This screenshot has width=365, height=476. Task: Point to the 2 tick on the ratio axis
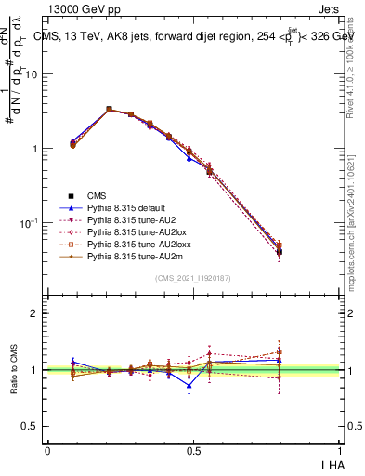pyautogui.click(x=36, y=313)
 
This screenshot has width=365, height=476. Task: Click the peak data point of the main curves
pyautogui.click(x=109, y=110)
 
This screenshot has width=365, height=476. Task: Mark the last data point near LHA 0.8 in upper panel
pyautogui.click(x=280, y=250)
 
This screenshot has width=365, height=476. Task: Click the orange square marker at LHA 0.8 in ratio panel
pyautogui.click(x=280, y=352)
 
